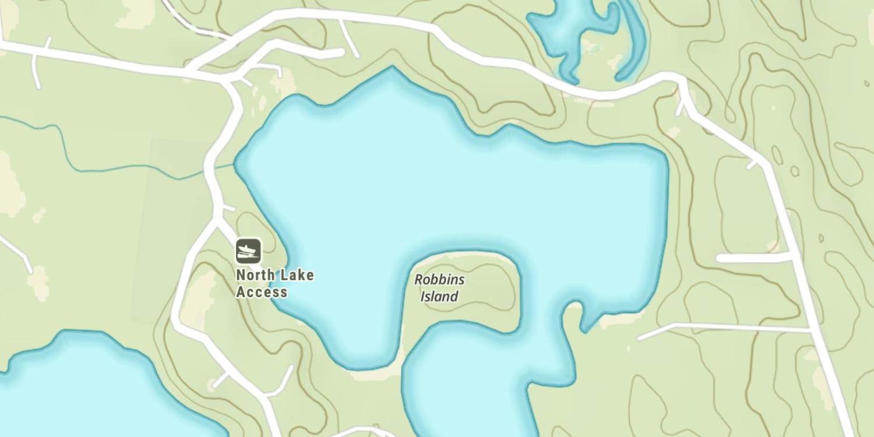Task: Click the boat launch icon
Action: coord(249,251)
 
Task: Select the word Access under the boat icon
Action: coord(262,292)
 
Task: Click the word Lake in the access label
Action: coord(297,275)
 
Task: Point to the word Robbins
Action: coord(439,280)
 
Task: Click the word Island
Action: coord(439,297)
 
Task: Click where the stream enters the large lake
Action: coord(235,165)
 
